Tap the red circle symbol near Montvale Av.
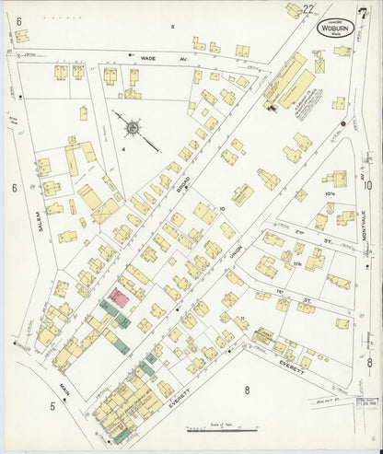342,122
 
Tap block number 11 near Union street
240,317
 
